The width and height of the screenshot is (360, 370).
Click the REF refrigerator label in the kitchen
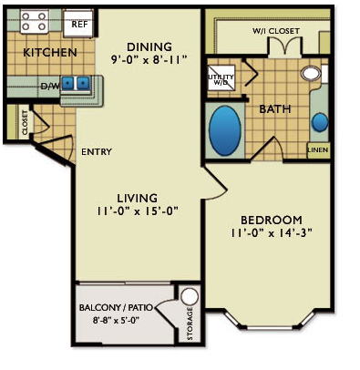(79, 24)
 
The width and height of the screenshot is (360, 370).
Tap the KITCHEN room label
(50, 53)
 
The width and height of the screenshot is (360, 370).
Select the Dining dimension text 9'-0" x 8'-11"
(149, 59)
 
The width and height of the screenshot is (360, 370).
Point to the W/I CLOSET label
(276, 31)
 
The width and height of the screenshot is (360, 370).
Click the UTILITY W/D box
(221, 77)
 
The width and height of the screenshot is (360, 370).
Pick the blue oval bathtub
(225, 130)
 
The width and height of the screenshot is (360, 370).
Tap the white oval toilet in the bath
(311, 73)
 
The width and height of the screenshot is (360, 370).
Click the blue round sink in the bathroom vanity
(320, 122)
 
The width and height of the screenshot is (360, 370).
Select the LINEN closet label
(318, 149)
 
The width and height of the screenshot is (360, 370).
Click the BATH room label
(275, 109)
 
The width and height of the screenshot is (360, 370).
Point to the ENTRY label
(97, 151)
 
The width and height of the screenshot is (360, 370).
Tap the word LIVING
(138, 198)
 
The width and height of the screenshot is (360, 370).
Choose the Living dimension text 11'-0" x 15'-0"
(137, 211)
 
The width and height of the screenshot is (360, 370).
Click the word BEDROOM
(272, 220)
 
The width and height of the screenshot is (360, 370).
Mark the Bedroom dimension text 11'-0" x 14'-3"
(272, 233)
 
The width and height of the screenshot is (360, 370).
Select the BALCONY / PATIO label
(116, 307)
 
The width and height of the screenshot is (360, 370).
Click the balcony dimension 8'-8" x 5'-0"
(116, 320)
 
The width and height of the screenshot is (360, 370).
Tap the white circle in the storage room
(190, 296)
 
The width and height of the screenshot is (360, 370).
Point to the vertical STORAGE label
(190, 324)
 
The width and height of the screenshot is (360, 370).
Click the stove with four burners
(35, 21)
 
